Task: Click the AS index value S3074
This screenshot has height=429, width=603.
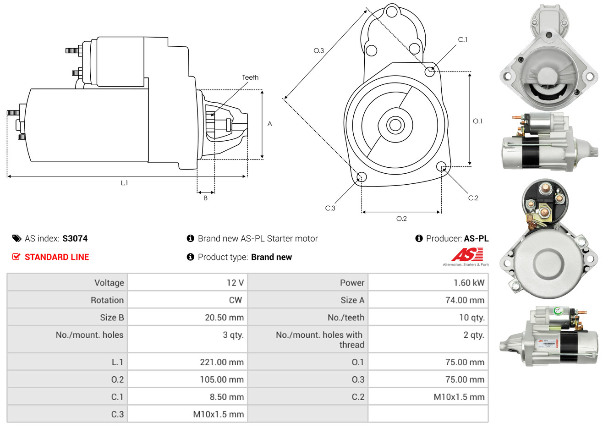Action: [75, 238]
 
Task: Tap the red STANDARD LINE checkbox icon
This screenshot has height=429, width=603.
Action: [16, 257]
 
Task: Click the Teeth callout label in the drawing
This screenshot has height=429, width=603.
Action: [250, 77]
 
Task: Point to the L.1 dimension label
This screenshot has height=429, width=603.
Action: [124, 183]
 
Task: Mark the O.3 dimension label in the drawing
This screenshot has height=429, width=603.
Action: [318, 50]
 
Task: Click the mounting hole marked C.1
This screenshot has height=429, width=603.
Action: [430, 71]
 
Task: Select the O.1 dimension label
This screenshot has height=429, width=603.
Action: [477, 121]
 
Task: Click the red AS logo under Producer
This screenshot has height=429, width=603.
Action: [467, 255]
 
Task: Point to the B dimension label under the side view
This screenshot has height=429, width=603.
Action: [206, 198]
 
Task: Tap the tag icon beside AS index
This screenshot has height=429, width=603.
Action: [16, 238]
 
